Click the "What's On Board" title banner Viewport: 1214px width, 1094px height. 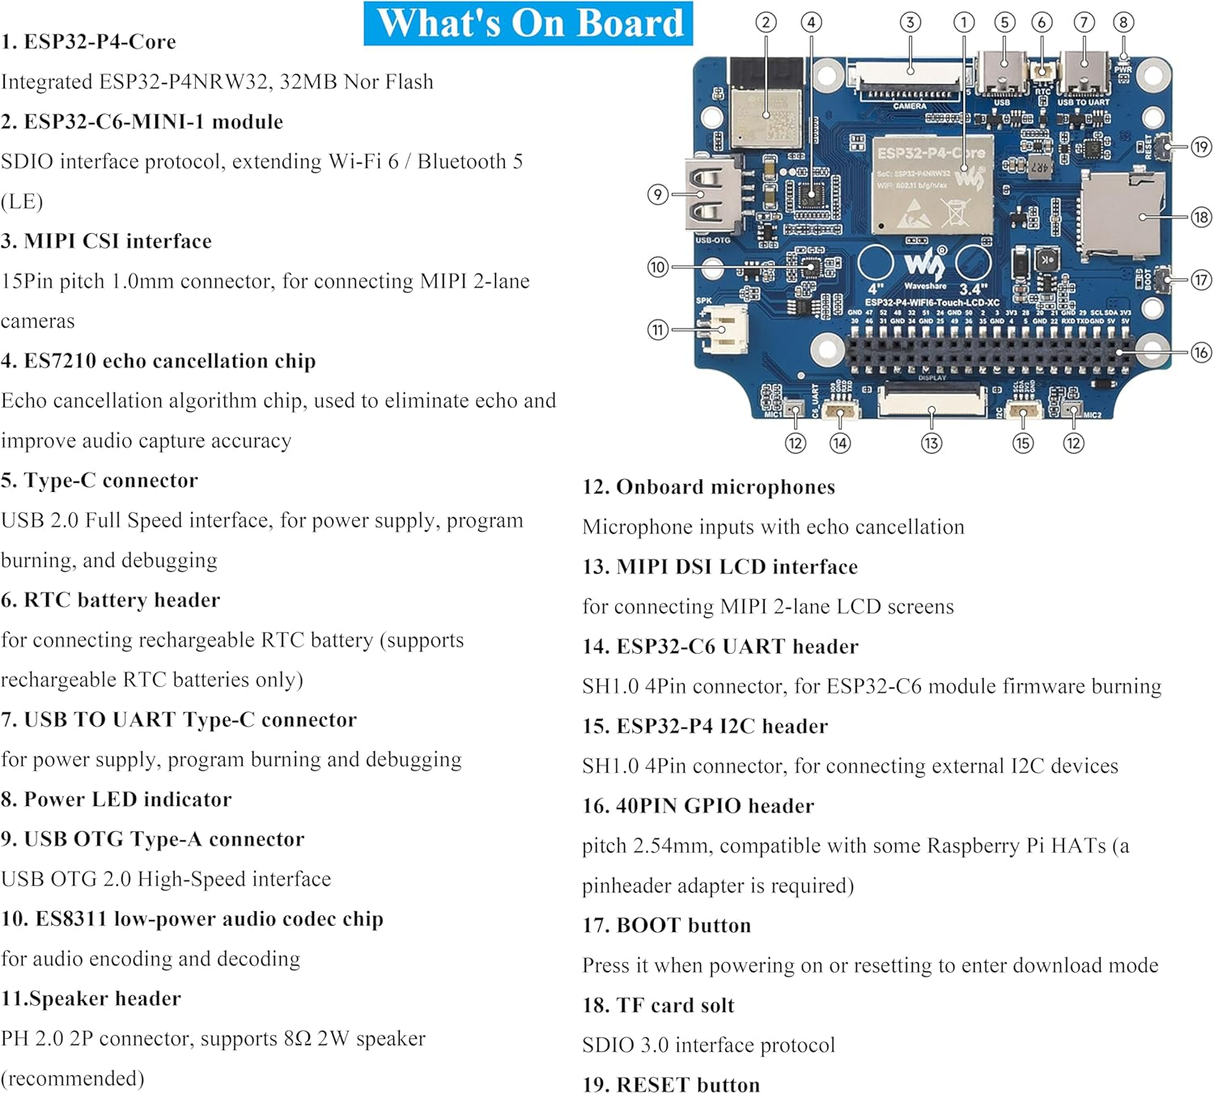pyautogui.click(x=528, y=23)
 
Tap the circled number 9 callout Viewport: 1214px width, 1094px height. pyautogui.click(x=658, y=194)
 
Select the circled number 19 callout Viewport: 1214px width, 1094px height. pyautogui.click(x=1200, y=146)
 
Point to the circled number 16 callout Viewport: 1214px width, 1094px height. pyautogui.click(x=1200, y=352)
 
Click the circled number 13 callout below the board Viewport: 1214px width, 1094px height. pyautogui.click(x=932, y=443)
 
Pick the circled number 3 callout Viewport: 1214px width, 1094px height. pyautogui.click(x=910, y=22)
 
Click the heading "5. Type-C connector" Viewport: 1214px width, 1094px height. pyautogui.click(x=100, y=481)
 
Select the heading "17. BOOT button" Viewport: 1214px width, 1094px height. pyautogui.click(x=667, y=926)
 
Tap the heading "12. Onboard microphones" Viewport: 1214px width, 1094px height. pyautogui.click(x=709, y=487)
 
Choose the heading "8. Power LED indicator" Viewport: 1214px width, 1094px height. pyautogui.click(x=117, y=799)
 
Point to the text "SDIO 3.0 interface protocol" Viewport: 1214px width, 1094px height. pyautogui.click(x=708, y=1045)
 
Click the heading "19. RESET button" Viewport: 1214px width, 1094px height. pyautogui.click(x=672, y=1084)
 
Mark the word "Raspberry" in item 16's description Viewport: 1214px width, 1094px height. pyautogui.click(x=973, y=846)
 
